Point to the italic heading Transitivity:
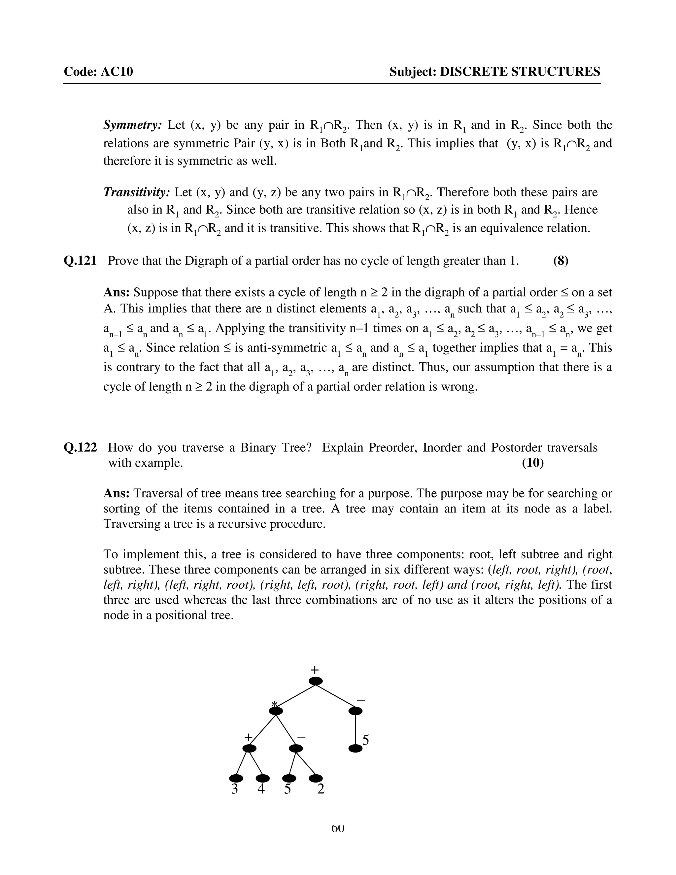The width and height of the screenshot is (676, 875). coord(137,193)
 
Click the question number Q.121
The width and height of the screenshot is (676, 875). coord(80,261)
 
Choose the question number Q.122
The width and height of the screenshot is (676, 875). coord(80,447)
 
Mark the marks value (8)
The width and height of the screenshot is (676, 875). coord(561,261)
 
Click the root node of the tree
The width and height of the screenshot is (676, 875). coord(316,681)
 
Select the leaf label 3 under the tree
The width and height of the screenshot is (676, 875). coord(235,789)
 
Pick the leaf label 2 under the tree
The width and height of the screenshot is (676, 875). coord(321,789)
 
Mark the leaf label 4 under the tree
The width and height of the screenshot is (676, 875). coord(261,789)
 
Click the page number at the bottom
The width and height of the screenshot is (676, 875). coord(338,828)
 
